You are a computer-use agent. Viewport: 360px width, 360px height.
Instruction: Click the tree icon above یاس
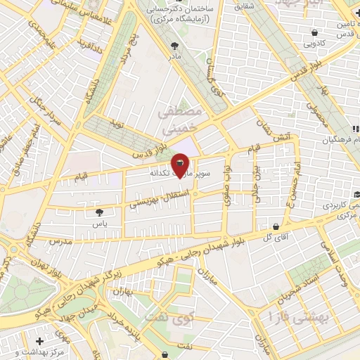coord(99,211)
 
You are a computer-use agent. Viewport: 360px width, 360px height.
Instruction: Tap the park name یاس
coord(99,223)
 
